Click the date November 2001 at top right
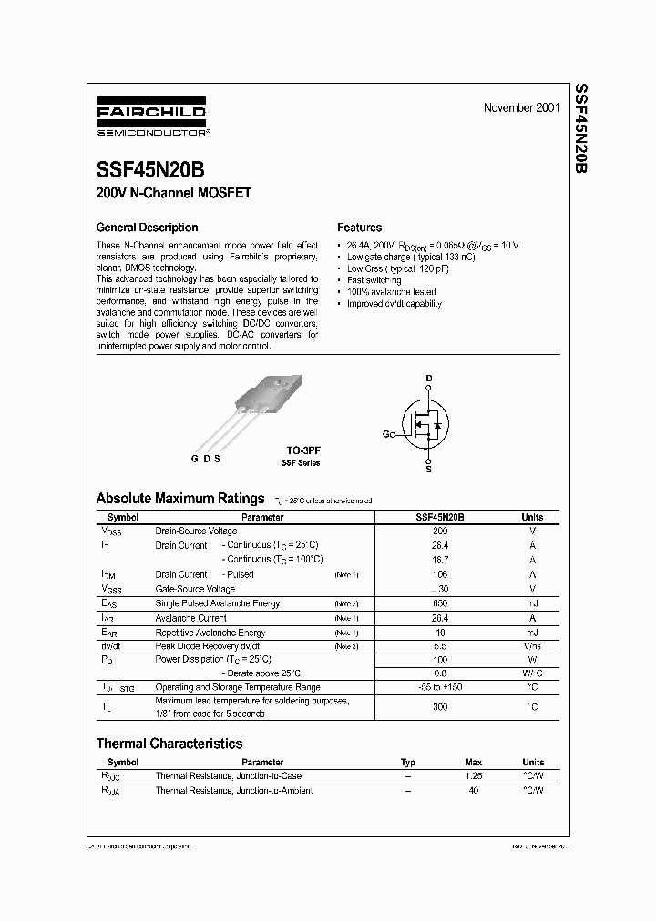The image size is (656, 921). click(x=521, y=108)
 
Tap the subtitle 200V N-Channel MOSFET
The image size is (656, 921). click(x=173, y=193)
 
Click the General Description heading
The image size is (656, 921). click(x=147, y=228)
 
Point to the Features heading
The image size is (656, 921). click(x=359, y=228)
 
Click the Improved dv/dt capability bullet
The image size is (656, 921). click(x=394, y=304)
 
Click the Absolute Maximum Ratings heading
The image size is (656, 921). click(x=180, y=499)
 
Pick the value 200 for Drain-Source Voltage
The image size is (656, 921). click(x=440, y=531)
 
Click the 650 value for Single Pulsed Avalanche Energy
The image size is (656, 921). click(x=440, y=603)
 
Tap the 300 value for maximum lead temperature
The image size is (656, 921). click(x=440, y=706)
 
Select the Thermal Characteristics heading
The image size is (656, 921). click(x=169, y=744)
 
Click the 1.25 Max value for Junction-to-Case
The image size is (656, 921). click(x=473, y=776)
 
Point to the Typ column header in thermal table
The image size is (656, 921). click(x=408, y=762)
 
